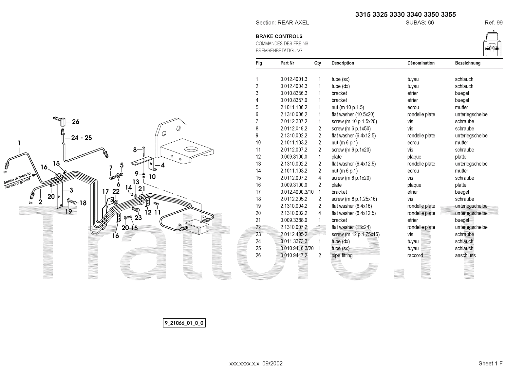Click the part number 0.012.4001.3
294,79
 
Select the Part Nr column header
287,63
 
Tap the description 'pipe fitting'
342,255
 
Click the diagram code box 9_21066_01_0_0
184,323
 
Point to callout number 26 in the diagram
76,122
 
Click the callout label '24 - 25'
82,138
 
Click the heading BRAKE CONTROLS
279,36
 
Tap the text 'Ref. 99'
494,23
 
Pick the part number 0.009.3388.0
294,220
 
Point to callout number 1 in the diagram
19,143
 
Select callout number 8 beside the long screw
135,150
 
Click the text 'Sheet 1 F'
490,363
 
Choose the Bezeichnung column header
467,63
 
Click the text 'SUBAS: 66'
420,23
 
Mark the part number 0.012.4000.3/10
297,192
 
